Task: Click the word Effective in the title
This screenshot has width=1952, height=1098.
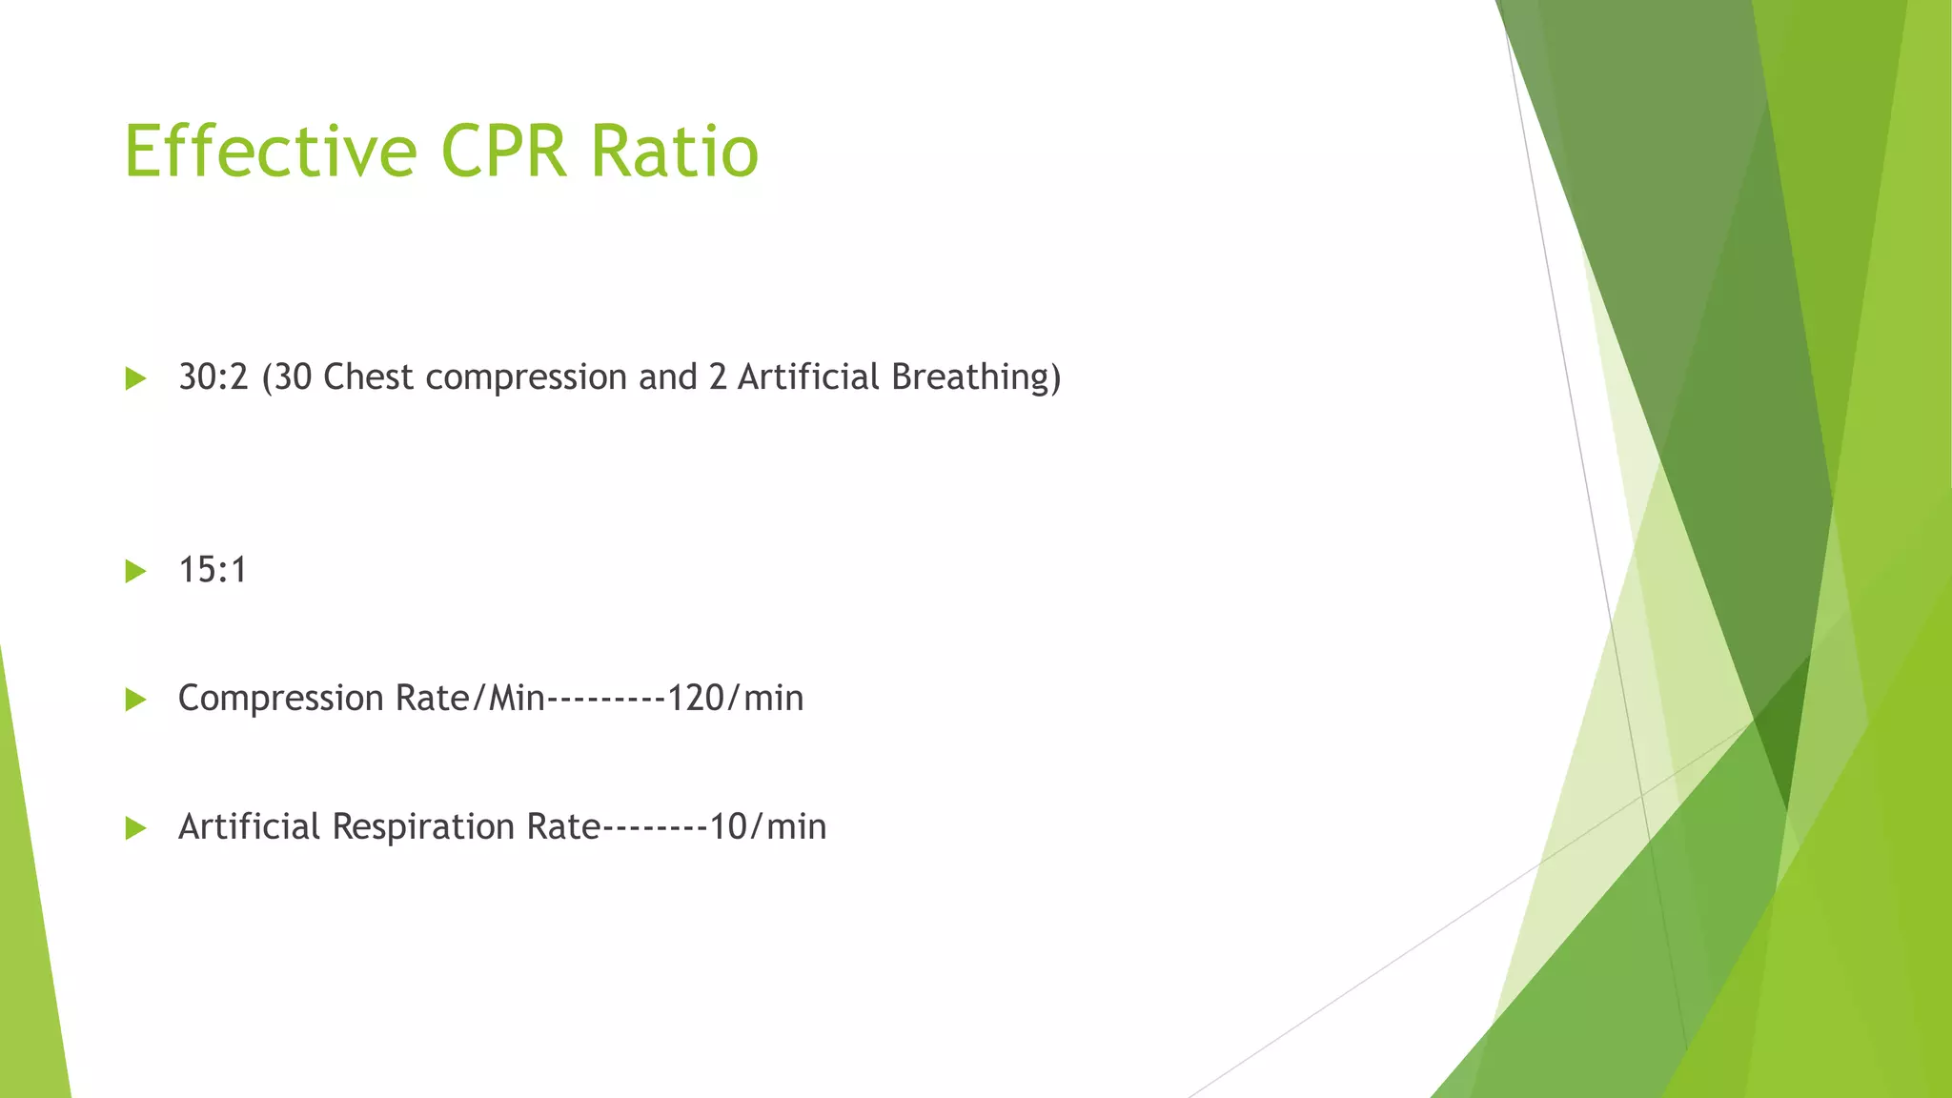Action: pos(271,151)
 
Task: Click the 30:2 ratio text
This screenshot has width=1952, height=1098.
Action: pos(213,377)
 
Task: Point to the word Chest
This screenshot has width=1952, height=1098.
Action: pos(368,377)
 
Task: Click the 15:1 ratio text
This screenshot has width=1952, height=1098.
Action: pos(213,570)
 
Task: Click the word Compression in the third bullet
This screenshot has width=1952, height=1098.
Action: pos(280,700)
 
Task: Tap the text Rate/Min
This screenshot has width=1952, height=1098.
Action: pos(470,699)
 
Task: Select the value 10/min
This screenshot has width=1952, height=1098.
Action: pos(768,826)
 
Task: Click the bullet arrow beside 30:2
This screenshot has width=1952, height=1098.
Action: pos(135,379)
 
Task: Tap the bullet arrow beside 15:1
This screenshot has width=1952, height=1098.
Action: pos(135,572)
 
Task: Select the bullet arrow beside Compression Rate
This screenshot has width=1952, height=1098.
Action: pos(135,701)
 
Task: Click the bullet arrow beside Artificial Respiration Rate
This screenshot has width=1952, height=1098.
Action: pos(135,828)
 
